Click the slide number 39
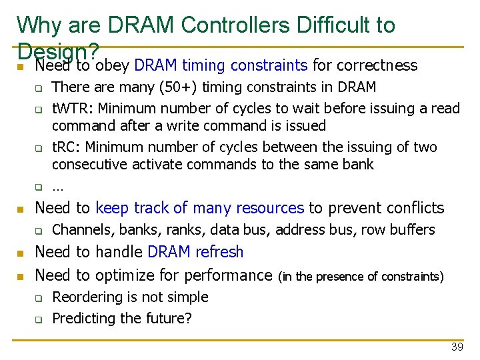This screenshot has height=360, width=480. click(x=457, y=347)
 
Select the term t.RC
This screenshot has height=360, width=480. click(x=65, y=147)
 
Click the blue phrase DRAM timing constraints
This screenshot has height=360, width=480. click(x=221, y=65)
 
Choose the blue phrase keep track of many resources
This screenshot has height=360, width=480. click(x=199, y=208)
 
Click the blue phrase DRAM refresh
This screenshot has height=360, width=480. click(x=195, y=252)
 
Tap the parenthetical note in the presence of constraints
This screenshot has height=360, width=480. click(x=361, y=276)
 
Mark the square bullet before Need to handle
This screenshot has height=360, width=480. click(x=20, y=253)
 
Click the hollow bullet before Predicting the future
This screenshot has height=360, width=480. click(x=39, y=319)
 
